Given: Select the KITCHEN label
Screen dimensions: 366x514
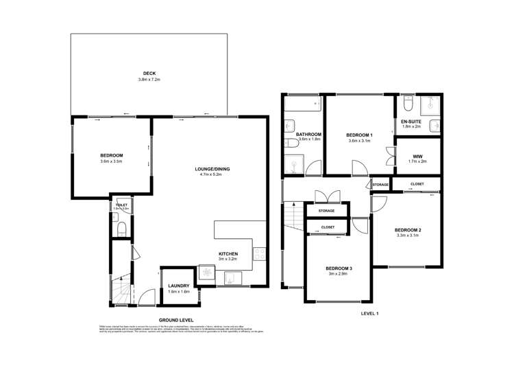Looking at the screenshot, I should coord(228,253).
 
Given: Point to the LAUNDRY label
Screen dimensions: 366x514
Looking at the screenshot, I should coord(178,285).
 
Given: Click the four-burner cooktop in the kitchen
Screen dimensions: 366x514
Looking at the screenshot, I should coord(260,254).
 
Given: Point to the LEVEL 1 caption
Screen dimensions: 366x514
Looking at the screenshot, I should coord(369,313).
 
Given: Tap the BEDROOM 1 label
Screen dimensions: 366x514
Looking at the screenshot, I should coord(359,135).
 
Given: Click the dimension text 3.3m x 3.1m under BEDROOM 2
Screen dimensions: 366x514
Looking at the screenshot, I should coord(408,236).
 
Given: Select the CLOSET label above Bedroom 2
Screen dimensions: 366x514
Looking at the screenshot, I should coord(417,184).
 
